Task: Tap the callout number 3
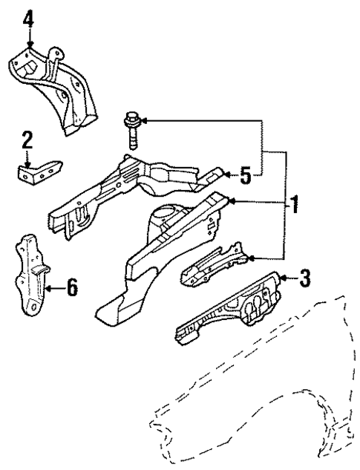click(304, 279)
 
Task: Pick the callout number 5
click(246, 175)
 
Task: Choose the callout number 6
click(71, 287)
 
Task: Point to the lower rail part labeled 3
click(230, 312)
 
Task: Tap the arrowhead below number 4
click(28, 47)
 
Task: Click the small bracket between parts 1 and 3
click(215, 264)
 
